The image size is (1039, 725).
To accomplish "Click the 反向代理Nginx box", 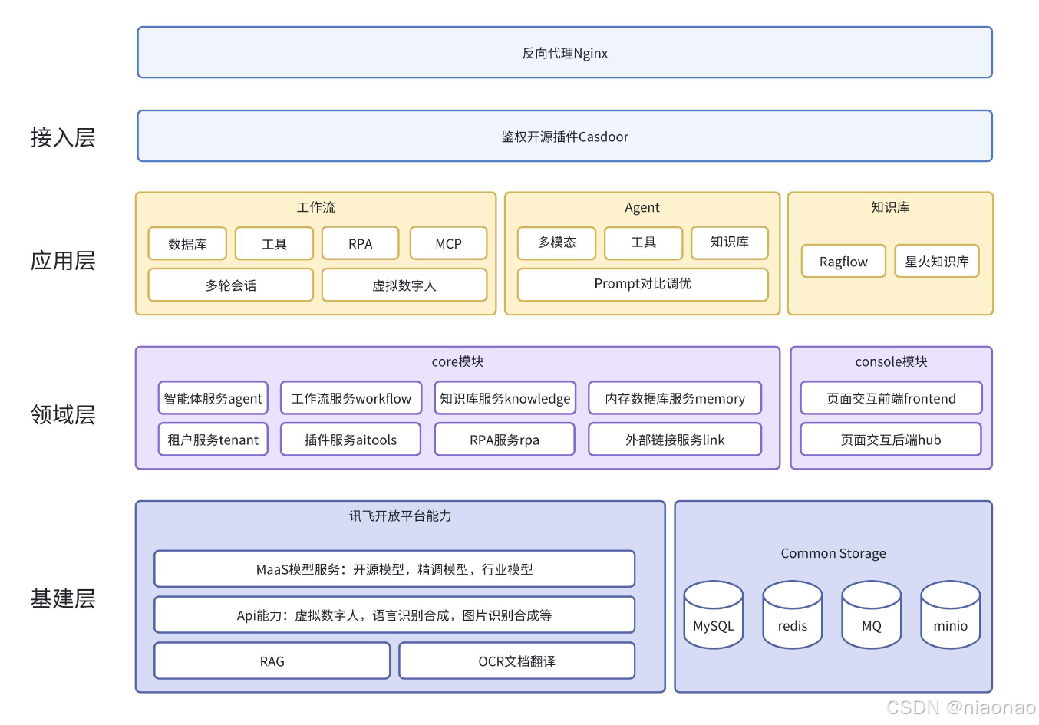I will point(565,53).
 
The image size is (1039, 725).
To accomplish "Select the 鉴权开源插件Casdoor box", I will point(565,137).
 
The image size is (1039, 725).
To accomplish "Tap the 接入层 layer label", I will point(63,137).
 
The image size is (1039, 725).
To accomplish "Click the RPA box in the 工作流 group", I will point(360,244).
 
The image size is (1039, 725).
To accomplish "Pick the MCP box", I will point(448,244).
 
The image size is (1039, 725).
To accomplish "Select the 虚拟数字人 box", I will point(404,285).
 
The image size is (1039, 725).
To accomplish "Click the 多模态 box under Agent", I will point(556,242).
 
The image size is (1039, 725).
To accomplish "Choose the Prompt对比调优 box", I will point(642,284).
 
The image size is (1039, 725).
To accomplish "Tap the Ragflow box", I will point(843,262).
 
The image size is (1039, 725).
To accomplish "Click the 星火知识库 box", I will point(936,262).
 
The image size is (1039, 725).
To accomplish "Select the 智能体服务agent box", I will point(213,398).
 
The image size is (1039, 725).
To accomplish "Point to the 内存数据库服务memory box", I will point(675,398).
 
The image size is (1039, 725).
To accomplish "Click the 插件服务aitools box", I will point(351,440).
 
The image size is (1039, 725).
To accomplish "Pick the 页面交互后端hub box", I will point(890,440).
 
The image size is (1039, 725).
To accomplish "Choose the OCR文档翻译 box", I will point(516,661).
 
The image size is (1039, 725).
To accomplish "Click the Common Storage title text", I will point(833,553).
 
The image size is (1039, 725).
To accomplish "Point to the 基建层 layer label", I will point(63,598).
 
